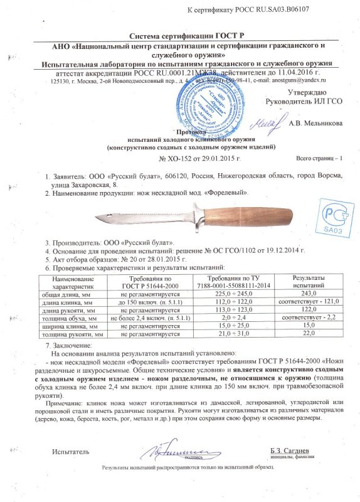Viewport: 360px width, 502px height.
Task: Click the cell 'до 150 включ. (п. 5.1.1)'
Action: [146, 302]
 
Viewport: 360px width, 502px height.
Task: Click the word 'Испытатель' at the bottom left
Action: [71, 451]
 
